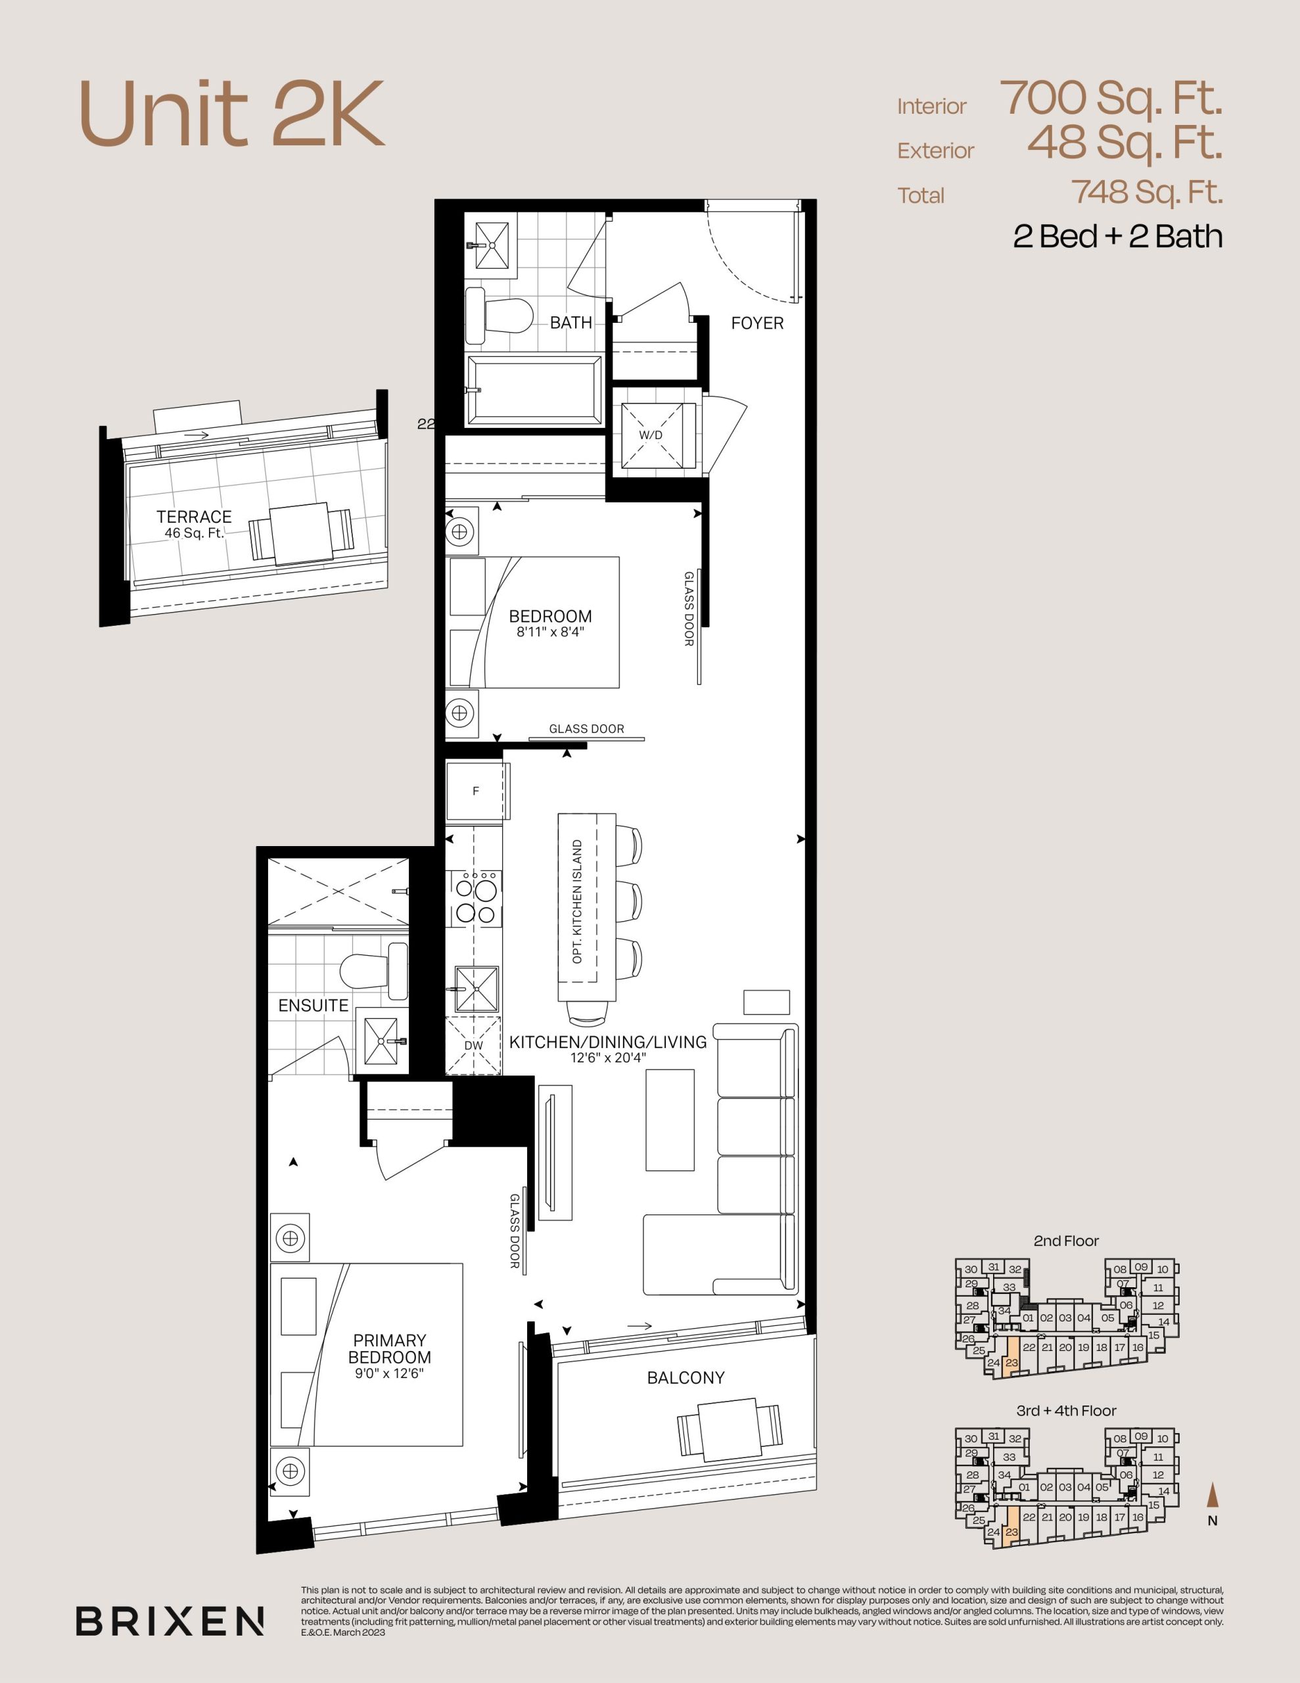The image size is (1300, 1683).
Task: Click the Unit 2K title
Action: pos(231,114)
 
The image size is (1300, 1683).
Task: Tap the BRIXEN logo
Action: pos(170,1621)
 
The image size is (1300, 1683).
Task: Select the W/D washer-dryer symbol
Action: pos(651,435)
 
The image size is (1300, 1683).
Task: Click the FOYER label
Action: pos(756,323)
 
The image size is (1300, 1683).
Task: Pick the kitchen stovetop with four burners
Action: pos(475,898)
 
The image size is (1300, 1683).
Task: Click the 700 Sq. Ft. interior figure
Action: pos(1111,99)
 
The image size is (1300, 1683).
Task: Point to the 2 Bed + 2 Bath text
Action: pos(1117,236)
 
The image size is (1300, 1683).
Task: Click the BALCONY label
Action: pos(686,1377)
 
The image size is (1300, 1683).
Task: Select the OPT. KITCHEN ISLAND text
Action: pos(577,901)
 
